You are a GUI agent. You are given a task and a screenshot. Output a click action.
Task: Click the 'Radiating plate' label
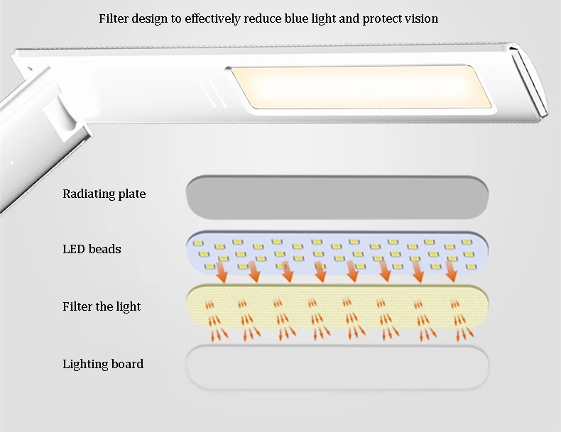[x=104, y=194]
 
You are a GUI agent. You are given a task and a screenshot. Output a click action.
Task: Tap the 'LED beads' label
[x=92, y=249]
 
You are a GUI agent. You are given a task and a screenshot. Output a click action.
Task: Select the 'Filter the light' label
[x=102, y=306]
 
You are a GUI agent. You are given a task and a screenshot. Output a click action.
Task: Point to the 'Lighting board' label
[x=103, y=364]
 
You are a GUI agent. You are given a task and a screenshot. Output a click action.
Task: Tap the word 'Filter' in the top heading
[x=114, y=18]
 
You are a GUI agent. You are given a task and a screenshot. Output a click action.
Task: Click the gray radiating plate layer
[x=337, y=197]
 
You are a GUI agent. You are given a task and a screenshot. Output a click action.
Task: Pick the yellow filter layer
[x=337, y=306]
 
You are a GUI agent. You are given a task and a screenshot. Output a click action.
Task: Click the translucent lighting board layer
[x=337, y=367]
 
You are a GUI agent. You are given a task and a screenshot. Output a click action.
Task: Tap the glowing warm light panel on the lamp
[x=361, y=87]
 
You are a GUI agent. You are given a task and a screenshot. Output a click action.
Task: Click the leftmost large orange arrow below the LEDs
[x=222, y=272]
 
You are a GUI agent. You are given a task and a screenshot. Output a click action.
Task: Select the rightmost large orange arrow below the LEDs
[x=451, y=271]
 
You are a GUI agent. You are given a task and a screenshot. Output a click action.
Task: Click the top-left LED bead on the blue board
[x=198, y=243]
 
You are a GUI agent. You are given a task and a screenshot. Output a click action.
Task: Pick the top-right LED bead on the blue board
[x=467, y=243]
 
